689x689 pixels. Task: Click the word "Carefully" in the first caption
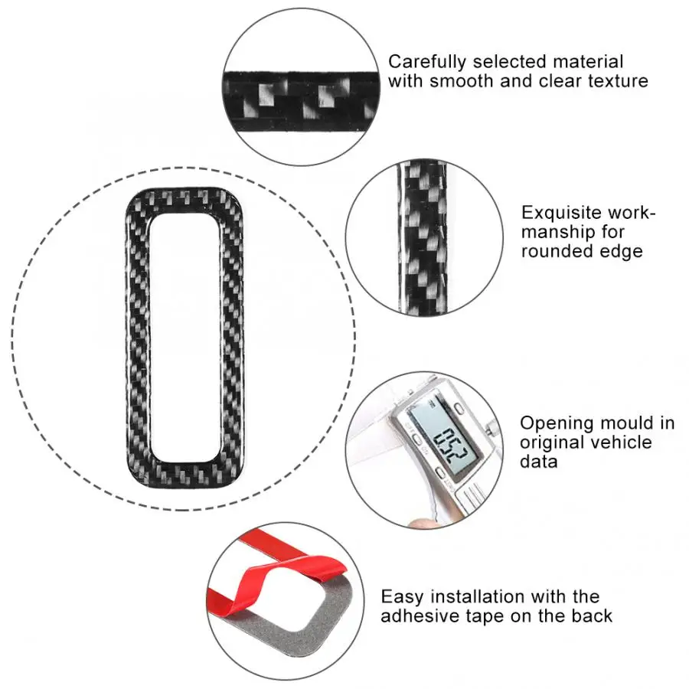pyautogui.click(x=423, y=62)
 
